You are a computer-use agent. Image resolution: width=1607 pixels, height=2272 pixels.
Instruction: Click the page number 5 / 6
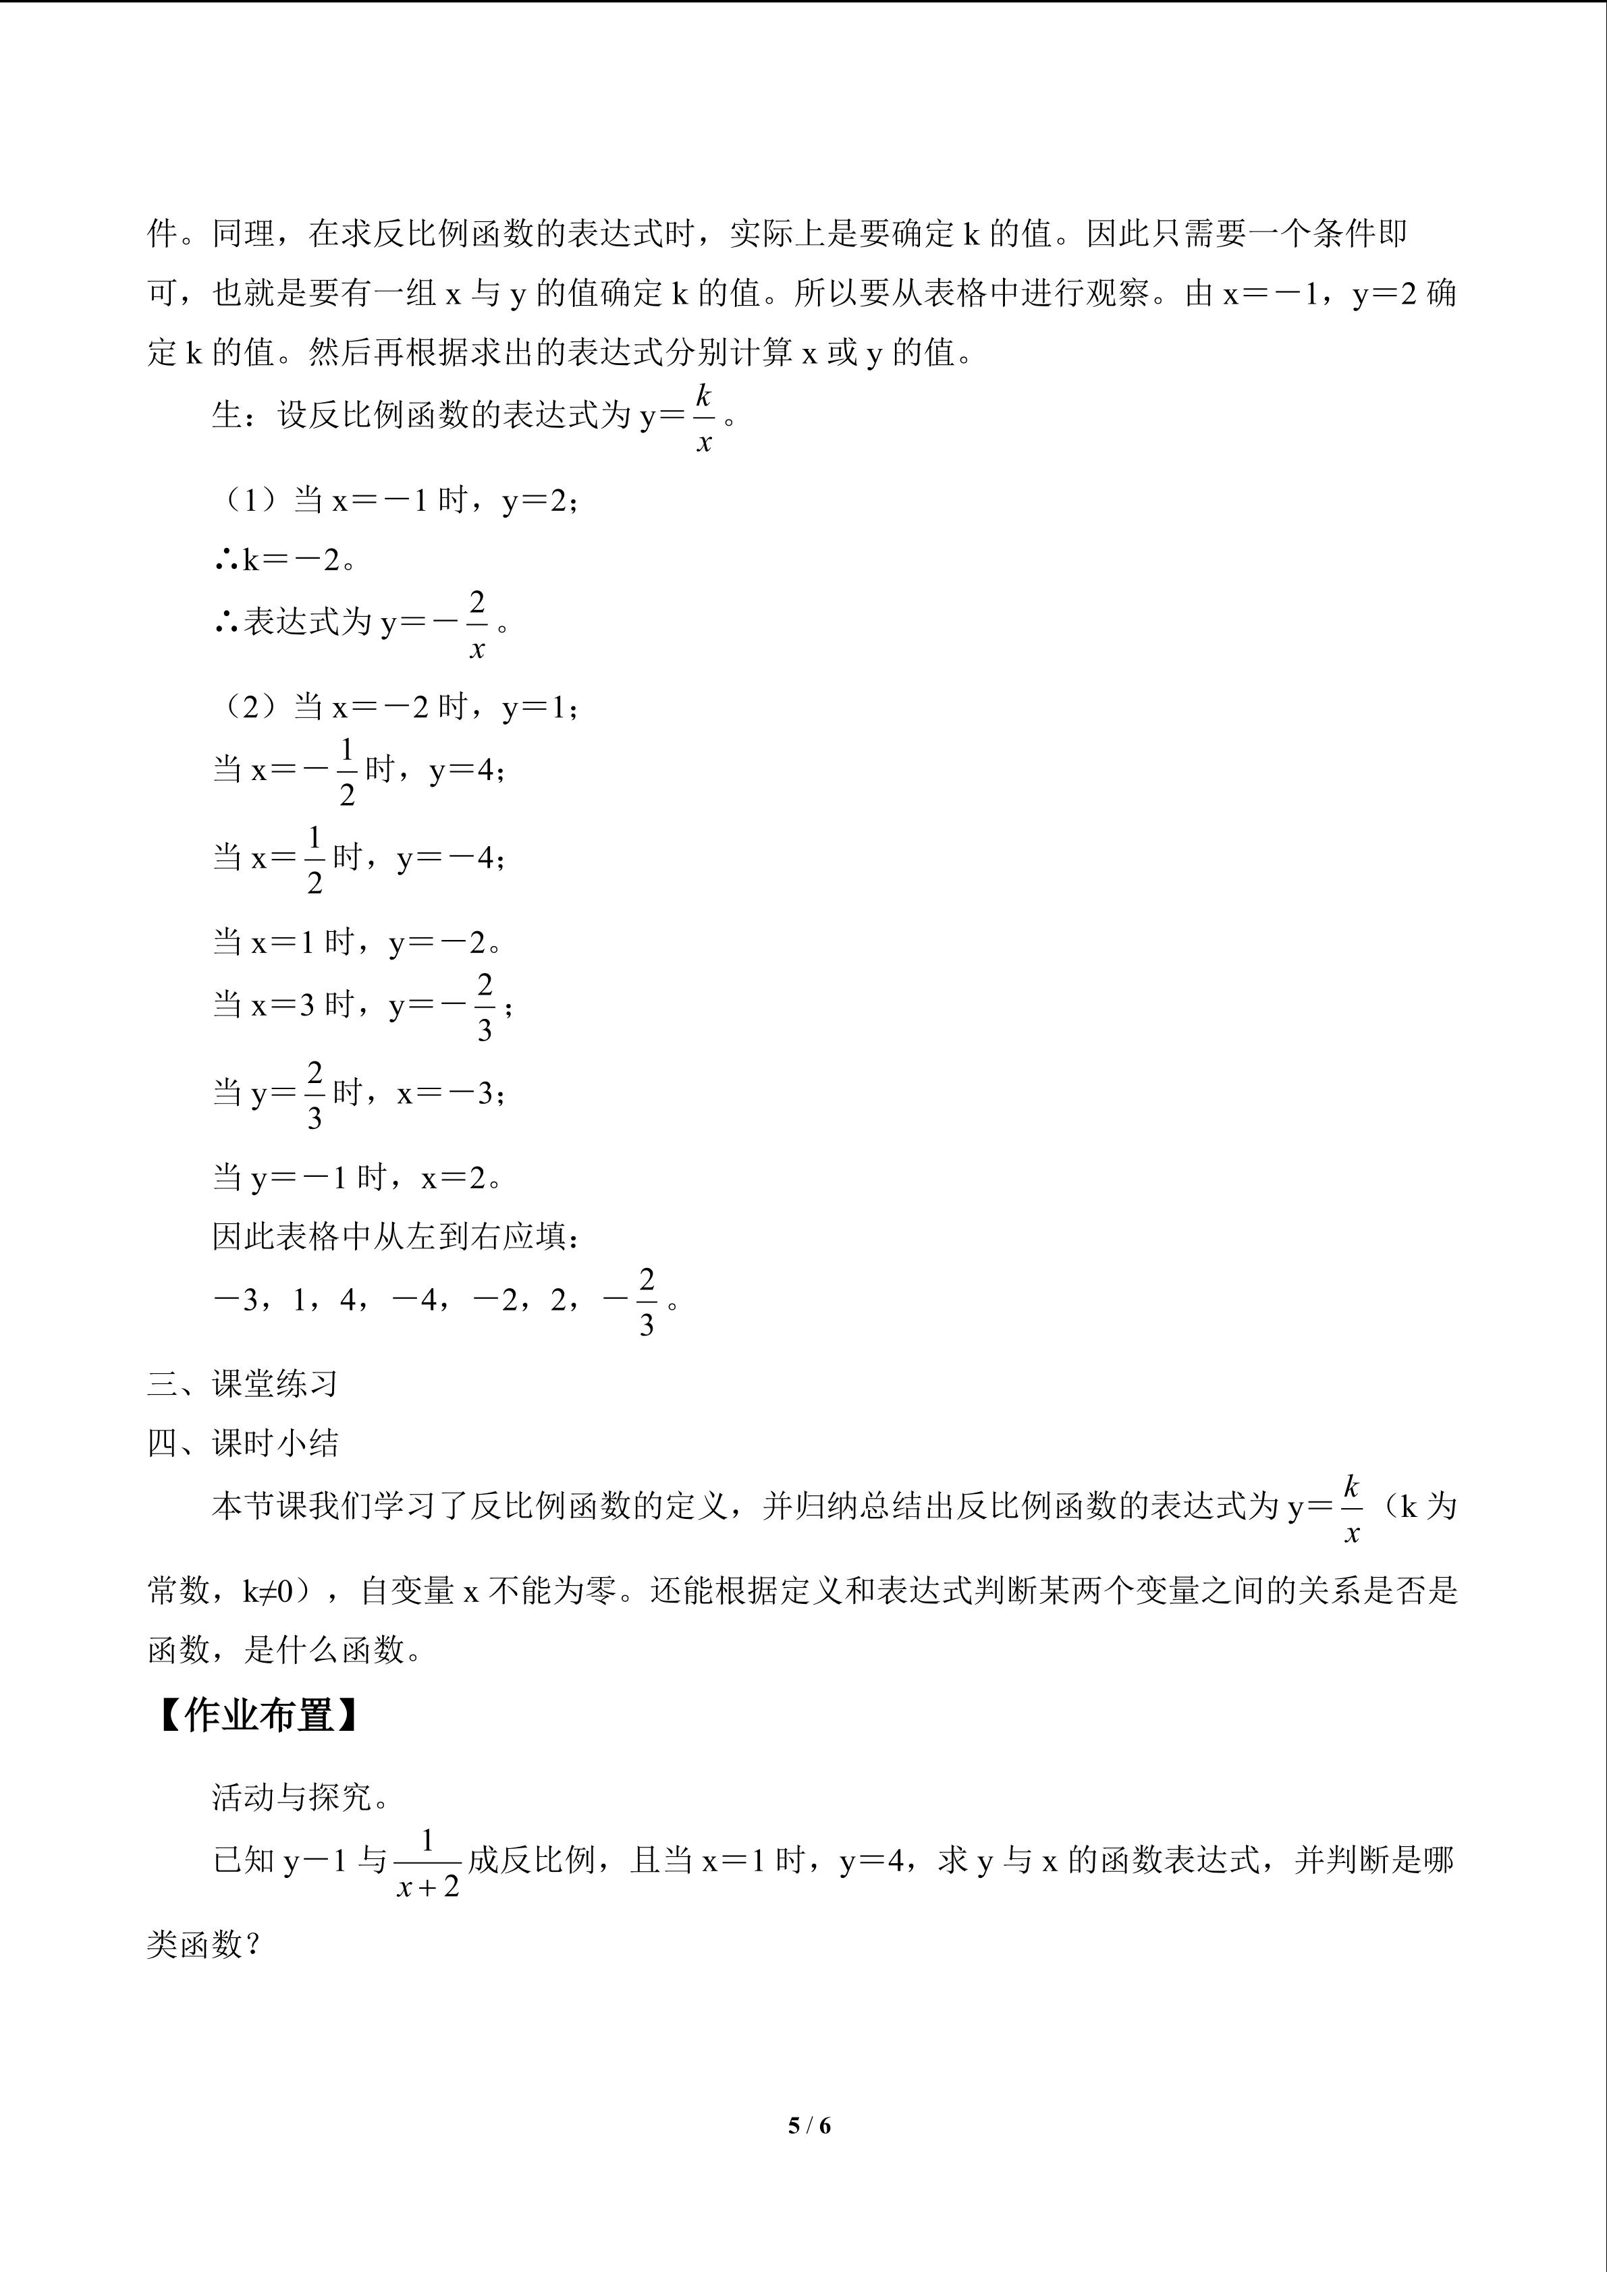(809, 2124)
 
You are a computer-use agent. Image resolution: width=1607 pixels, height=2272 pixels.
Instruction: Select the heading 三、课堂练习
(244, 1383)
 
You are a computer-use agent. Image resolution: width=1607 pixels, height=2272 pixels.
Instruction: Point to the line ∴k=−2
(285, 560)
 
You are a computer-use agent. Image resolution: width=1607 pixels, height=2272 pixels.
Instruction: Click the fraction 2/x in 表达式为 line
(477, 624)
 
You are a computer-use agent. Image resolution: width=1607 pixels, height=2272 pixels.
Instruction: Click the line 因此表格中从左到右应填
(396, 1236)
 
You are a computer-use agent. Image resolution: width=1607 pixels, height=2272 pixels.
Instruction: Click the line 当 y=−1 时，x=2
(358, 1177)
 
